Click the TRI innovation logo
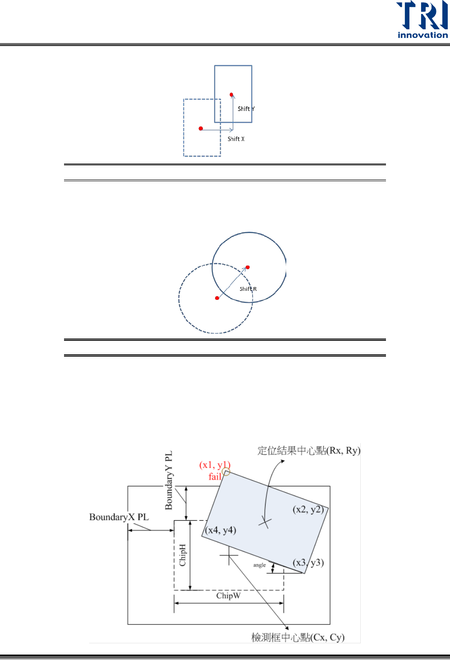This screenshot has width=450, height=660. (422, 20)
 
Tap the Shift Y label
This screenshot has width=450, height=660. (246, 109)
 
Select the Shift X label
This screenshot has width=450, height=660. (236, 139)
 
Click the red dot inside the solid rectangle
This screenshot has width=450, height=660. (231, 95)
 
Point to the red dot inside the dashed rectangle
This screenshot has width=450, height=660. (201, 128)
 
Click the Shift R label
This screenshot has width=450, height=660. (248, 289)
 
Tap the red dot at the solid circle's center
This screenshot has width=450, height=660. (248, 267)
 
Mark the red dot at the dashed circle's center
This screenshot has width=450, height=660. (217, 298)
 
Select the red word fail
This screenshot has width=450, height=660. (215, 477)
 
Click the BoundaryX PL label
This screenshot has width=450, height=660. (119, 517)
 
